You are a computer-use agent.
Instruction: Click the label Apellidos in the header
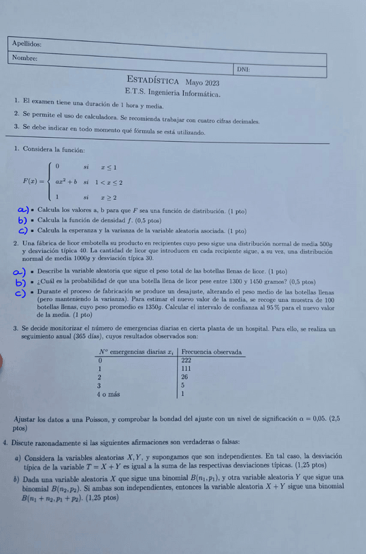27,44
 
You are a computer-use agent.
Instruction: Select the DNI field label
243,69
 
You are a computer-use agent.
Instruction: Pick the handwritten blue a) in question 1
23,210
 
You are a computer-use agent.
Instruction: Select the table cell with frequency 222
186,360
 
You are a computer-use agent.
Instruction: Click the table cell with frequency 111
186,368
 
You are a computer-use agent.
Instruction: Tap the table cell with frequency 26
185,377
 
